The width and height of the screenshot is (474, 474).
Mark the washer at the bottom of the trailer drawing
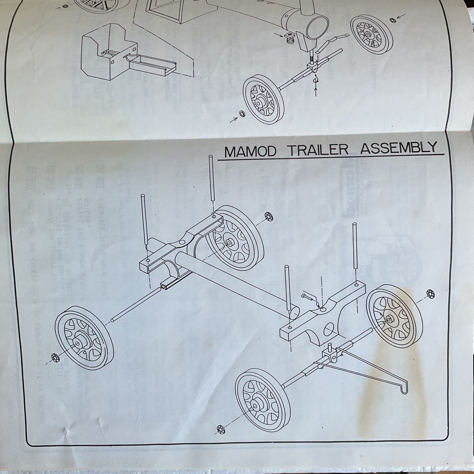(220, 429)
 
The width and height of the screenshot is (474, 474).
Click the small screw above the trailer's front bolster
(308, 295)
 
